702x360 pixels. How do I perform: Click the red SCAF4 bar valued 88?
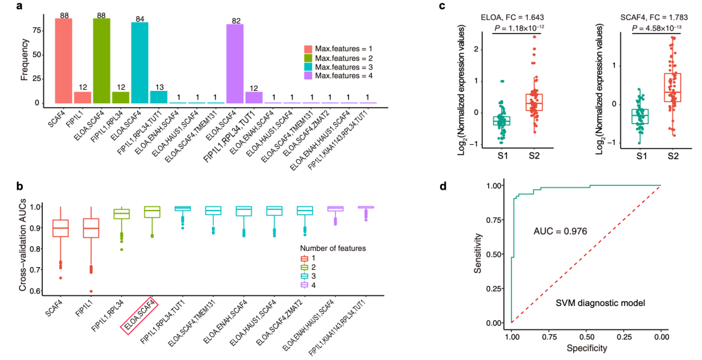pos(64,61)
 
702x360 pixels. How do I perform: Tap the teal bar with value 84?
pos(140,63)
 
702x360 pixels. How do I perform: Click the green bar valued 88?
pos(101,61)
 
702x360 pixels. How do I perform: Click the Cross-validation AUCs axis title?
pos(24,248)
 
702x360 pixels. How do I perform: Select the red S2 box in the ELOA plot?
pos(534,103)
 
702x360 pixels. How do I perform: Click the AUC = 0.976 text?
pos(560,231)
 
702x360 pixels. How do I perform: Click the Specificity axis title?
pos(586,348)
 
